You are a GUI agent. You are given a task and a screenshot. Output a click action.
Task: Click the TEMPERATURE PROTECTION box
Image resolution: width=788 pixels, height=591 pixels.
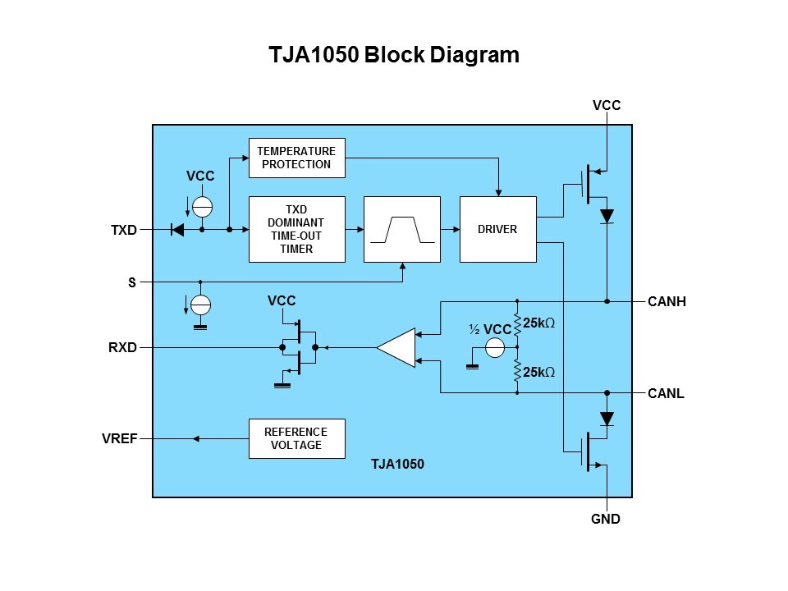point(297,158)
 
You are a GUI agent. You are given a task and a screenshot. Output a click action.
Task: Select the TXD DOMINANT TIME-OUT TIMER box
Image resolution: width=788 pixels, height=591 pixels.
point(297,229)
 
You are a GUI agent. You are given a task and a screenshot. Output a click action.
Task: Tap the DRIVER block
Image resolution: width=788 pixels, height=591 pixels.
point(497,229)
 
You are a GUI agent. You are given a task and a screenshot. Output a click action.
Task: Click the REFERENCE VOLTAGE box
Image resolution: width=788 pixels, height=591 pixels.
point(295,438)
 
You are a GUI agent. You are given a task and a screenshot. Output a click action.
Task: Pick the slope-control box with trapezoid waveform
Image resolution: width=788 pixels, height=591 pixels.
point(402,229)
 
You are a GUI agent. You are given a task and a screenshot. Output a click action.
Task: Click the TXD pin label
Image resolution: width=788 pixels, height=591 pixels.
point(124,231)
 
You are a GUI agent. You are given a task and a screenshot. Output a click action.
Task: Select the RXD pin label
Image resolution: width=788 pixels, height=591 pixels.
point(122,348)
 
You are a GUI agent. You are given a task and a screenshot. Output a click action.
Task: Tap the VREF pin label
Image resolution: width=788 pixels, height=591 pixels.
point(119,439)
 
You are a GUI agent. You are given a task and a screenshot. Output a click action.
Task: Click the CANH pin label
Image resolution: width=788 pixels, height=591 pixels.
point(667,302)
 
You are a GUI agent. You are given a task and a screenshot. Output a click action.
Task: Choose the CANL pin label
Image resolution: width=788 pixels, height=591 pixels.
point(666,393)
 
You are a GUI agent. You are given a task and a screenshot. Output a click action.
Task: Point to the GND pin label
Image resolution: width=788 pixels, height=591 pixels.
point(606,520)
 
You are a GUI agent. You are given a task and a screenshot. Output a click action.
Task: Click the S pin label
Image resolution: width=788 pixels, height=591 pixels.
point(132,282)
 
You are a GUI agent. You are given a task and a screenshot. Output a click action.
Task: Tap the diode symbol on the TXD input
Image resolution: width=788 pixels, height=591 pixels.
point(176,230)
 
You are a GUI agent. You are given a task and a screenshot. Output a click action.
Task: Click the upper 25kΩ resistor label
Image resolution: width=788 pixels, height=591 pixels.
point(539,323)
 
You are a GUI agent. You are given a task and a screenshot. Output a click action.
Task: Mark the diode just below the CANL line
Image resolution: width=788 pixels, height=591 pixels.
point(607,419)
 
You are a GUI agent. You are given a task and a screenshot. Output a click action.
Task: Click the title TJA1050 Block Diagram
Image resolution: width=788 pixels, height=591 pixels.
point(394,55)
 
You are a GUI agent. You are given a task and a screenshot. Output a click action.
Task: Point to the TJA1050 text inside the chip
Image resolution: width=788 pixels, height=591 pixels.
point(397,464)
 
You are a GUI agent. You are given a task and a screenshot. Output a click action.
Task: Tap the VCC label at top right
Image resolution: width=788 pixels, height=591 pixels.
point(607,105)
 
